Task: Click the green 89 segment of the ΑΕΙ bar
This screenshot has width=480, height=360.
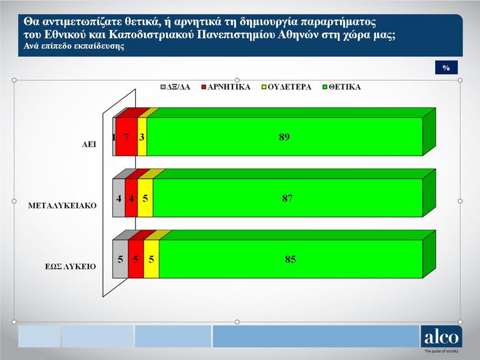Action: (x=285, y=136)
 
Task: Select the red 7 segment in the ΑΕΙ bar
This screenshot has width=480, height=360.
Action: (x=127, y=136)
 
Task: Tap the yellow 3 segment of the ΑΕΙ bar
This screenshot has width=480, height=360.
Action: (x=142, y=136)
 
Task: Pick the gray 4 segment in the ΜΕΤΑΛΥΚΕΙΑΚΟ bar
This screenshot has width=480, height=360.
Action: (x=119, y=198)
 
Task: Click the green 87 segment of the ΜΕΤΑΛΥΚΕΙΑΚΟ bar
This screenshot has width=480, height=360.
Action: (x=288, y=198)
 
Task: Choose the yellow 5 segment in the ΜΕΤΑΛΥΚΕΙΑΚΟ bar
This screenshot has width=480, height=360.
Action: (x=145, y=198)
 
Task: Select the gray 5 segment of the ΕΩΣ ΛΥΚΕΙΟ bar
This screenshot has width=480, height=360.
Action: (x=121, y=259)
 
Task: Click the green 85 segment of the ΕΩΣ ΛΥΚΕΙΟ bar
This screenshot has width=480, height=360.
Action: (x=291, y=259)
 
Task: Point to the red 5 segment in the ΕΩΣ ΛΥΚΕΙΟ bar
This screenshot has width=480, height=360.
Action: (x=136, y=259)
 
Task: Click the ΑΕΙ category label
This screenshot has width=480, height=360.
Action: (x=89, y=144)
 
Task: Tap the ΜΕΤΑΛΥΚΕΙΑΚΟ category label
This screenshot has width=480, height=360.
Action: (x=62, y=206)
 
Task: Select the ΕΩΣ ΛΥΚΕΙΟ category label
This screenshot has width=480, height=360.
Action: (x=70, y=266)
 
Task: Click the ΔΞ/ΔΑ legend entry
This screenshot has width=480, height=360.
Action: (x=175, y=87)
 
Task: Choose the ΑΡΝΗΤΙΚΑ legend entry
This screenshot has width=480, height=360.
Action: (x=226, y=87)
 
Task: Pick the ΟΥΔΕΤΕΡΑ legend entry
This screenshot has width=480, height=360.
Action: (x=286, y=87)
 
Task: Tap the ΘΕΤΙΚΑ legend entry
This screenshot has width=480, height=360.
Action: (x=342, y=87)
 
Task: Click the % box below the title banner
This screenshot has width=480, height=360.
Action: (x=446, y=67)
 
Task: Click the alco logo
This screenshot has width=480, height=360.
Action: (x=441, y=336)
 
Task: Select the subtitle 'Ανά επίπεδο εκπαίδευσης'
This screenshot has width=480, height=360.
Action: (x=74, y=46)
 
